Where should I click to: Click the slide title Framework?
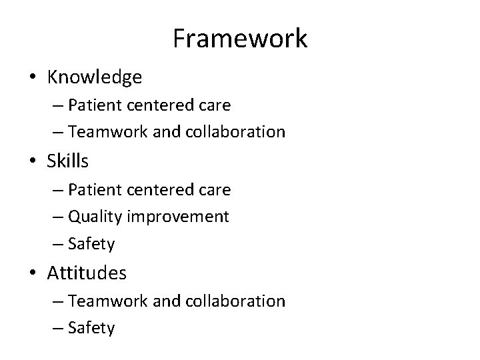coord(240,39)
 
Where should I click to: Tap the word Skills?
coord(67,161)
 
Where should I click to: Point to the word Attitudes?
coord(87,273)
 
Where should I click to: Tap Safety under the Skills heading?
coord(91,245)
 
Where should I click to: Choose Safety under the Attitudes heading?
coord(91,328)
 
